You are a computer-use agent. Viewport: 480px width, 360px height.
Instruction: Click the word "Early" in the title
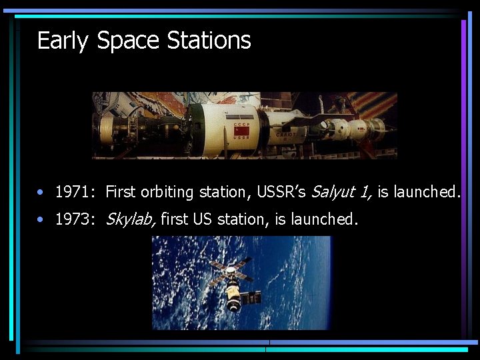[x=63, y=41]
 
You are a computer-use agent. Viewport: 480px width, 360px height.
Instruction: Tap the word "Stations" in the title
[x=209, y=41]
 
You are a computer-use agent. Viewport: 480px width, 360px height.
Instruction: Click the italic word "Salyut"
[x=332, y=193]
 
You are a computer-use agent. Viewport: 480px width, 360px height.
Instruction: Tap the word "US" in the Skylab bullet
[x=203, y=219]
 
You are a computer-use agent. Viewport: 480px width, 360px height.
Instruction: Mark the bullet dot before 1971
[x=41, y=193]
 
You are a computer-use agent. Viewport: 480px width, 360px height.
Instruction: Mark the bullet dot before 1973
[x=41, y=219]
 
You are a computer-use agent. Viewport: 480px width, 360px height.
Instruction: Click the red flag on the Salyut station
[x=241, y=131]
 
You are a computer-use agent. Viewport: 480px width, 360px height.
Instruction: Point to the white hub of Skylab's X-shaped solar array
[x=231, y=271]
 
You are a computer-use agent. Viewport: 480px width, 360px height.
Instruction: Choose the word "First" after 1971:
[x=121, y=193]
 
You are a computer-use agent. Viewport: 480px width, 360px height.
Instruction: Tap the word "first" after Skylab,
[x=174, y=219]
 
